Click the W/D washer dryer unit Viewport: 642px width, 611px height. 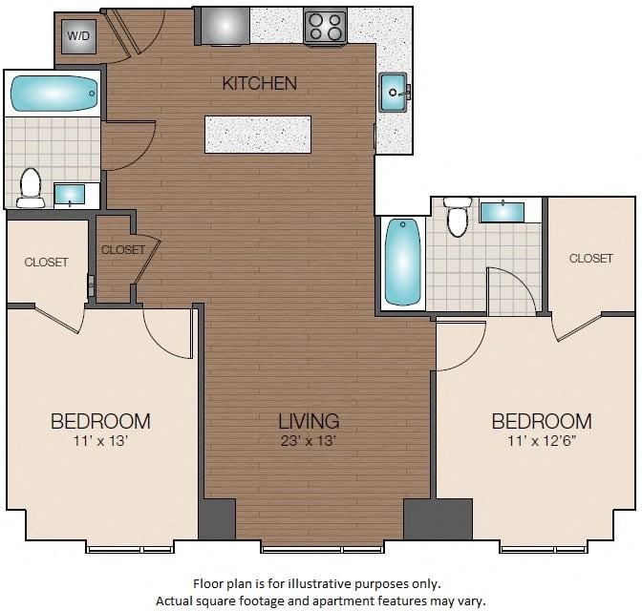[76, 37]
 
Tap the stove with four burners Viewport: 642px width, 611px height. [325, 26]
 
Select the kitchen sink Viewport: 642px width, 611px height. [394, 92]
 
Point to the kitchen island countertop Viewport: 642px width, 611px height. [258, 134]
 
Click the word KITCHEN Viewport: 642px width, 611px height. [259, 83]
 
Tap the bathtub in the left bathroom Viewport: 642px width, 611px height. [54, 94]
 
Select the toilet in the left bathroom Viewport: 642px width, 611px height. [31, 187]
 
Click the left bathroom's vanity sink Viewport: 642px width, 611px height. [70, 195]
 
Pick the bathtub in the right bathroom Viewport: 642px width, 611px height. [402, 261]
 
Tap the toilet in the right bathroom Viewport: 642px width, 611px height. [458, 217]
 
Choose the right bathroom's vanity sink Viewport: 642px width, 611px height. [501, 211]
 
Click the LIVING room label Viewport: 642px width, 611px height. [309, 421]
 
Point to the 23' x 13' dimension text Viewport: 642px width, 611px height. [309, 440]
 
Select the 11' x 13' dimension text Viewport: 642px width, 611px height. [99, 440]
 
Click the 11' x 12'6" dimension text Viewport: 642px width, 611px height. [541, 440]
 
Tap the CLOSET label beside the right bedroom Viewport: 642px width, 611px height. [590, 258]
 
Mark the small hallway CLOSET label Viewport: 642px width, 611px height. [123, 249]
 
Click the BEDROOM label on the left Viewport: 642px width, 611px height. [100, 421]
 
